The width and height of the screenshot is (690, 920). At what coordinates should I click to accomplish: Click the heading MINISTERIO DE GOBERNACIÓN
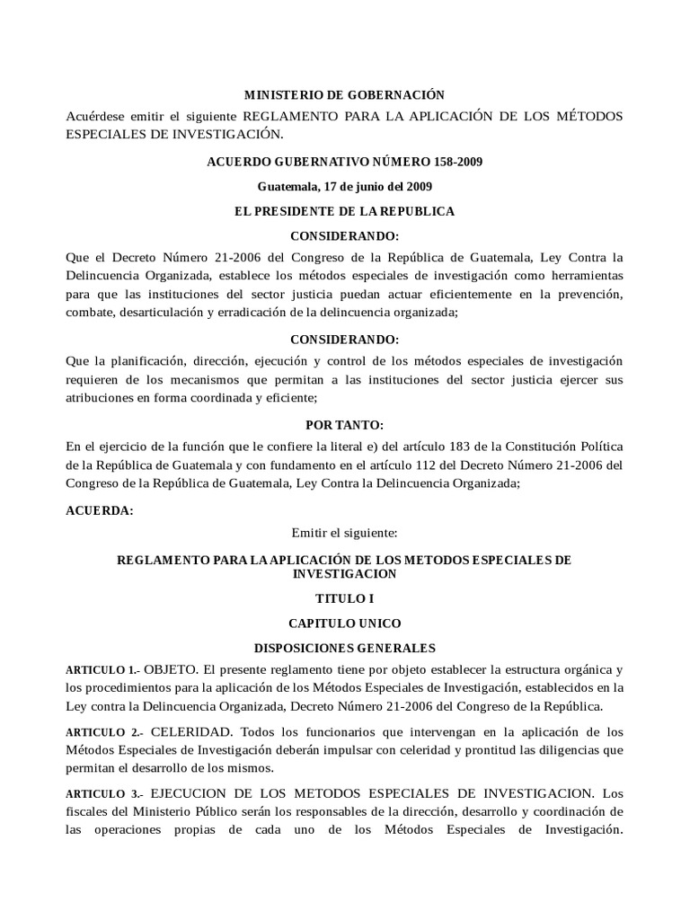[345, 94]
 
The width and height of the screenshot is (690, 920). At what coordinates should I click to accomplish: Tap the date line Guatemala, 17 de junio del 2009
[345, 187]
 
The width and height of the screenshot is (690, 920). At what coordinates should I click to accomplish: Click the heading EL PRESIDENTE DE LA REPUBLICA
[345, 212]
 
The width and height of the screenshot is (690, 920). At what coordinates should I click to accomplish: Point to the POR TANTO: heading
[345, 423]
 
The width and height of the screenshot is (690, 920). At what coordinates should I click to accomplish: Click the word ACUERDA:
[100, 510]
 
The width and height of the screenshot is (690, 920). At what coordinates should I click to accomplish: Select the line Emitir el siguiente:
[345, 533]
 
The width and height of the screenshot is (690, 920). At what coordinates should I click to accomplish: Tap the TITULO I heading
[345, 597]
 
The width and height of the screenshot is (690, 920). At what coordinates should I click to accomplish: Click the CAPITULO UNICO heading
[345, 623]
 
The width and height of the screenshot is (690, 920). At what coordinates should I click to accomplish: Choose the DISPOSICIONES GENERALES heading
[345, 647]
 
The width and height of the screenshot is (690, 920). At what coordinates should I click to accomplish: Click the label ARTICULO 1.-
[102, 671]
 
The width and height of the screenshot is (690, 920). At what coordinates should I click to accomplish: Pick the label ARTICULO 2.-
[102, 733]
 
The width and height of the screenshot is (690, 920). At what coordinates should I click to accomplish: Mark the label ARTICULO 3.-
[102, 795]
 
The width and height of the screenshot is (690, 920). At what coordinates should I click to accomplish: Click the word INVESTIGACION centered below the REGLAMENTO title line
[345, 572]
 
